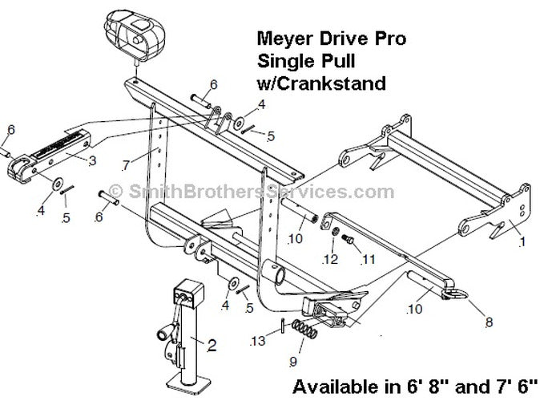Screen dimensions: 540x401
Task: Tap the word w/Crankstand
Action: [x=321, y=83]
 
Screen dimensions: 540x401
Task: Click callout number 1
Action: [x=522, y=241]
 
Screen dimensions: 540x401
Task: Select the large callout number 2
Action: [x=212, y=345]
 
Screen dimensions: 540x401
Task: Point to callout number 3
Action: [x=92, y=161]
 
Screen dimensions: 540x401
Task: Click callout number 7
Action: [x=125, y=165]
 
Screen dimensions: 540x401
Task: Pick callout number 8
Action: [x=489, y=322]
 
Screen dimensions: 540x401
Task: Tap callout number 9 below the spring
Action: [x=293, y=362]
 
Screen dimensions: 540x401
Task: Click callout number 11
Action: [x=368, y=259]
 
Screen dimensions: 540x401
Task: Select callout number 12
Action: [x=330, y=259]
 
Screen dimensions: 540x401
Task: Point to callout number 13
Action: [x=258, y=341]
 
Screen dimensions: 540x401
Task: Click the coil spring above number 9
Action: [x=304, y=330]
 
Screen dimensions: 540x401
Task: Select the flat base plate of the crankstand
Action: [x=189, y=382]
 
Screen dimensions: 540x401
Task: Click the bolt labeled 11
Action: [x=348, y=239]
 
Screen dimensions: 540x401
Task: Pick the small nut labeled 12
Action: [x=334, y=231]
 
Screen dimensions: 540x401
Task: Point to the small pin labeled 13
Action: [x=283, y=326]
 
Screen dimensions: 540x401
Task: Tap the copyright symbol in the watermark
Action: [x=116, y=191]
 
